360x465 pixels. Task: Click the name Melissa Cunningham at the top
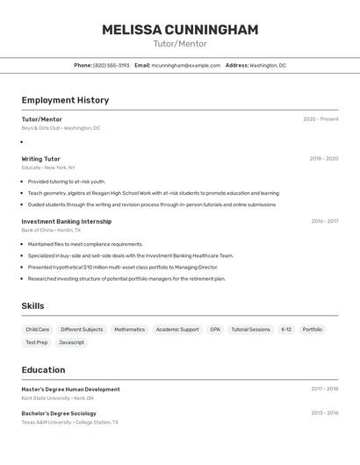pyautogui.click(x=180, y=30)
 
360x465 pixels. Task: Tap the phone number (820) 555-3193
pyautogui.click(x=112, y=66)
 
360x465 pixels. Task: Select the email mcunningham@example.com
pyautogui.click(x=186, y=66)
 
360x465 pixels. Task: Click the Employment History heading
pyautogui.click(x=65, y=100)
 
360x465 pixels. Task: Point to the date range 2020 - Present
pyautogui.click(x=320, y=119)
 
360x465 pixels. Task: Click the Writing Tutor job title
pyautogui.click(x=41, y=159)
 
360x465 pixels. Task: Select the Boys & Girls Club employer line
pyautogui.click(x=61, y=128)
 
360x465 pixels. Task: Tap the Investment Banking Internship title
pyautogui.click(x=67, y=221)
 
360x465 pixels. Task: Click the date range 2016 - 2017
pyautogui.click(x=324, y=221)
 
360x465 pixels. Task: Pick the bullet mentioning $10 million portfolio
pyautogui.click(x=122, y=267)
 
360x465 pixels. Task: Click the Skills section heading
pyautogui.click(x=33, y=306)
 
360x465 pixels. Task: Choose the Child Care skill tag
pyautogui.click(x=38, y=330)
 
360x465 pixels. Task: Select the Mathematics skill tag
pyautogui.click(x=129, y=330)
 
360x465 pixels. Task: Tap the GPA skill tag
pyautogui.click(x=215, y=330)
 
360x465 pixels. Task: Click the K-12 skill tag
pyautogui.click(x=286, y=330)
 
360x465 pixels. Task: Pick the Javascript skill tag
pyautogui.click(x=72, y=342)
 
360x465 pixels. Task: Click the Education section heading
pyautogui.click(x=43, y=370)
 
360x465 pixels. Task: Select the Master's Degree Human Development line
pyautogui.click(x=70, y=389)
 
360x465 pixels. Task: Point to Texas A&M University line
pyautogui.click(x=69, y=422)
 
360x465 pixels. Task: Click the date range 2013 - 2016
pyautogui.click(x=324, y=413)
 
